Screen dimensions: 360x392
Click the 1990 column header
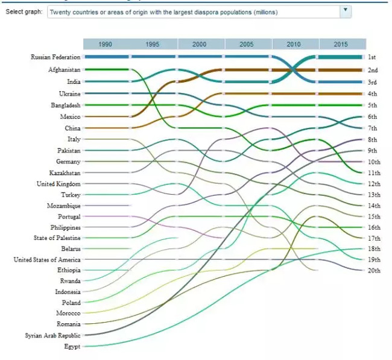coord(106,44)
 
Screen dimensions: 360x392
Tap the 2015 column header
coord(342,44)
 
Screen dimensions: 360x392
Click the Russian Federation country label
coord(55,57)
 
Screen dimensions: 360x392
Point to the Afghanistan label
coord(64,70)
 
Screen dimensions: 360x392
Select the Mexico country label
coord(70,116)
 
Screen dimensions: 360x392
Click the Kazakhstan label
coord(64,172)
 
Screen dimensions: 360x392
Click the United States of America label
coord(47,260)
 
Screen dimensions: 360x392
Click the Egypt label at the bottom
coord(72,346)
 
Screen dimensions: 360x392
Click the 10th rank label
coord(375,162)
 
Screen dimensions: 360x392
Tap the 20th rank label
coord(375,271)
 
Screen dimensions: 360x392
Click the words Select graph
coord(24,11)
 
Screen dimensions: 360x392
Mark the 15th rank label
coord(375,216)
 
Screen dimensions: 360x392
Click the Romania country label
coord(68,324)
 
